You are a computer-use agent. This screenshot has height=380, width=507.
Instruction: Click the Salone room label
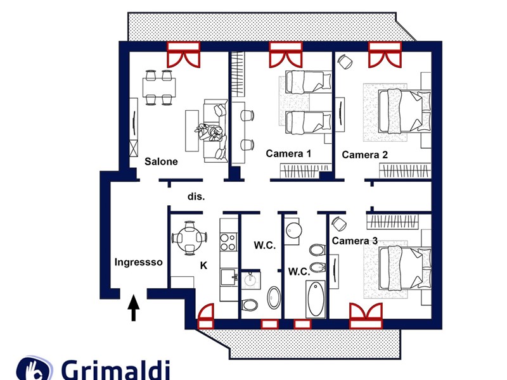point(161,161)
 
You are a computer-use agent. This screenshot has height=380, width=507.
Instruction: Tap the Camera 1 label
point(288,153)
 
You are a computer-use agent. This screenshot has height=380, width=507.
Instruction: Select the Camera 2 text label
point(364,155)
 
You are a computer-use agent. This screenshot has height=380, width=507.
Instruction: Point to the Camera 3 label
point(355,241)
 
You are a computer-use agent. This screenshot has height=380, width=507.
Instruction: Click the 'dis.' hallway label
point(196,196)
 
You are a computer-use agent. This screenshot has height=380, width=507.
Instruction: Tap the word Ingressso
point(139,262)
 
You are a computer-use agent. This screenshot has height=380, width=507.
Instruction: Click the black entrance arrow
point(134,308)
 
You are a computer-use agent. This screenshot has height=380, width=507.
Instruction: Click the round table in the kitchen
point(189,238)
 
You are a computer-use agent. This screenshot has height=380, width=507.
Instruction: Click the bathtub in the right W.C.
point(315,299)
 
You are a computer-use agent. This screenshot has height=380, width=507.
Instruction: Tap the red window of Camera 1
point(285,54)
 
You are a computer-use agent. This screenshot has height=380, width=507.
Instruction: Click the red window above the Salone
point(183,54)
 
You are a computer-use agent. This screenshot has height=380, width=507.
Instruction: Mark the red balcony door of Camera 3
point(367,315)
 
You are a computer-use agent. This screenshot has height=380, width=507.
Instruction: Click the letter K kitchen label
point(203,266)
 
